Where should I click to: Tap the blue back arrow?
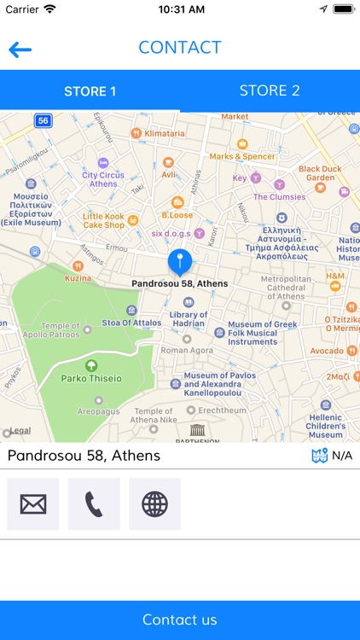tap(20, 49)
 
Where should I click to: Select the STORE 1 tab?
tap(90, 91)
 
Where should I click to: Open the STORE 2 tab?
tap(270, 90)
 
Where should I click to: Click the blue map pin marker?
tap(180, 262)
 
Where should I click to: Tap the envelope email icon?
tap(33, 504)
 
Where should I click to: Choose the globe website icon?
tap(154, 504)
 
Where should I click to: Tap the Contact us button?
tap(180, 620)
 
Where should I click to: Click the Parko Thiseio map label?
tap(91, 378)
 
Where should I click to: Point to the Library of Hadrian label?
tap(189, 320)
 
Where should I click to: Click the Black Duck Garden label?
tap(321, 173)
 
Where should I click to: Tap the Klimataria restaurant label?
tap(164, 134)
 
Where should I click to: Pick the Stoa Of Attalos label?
tap(131, 323)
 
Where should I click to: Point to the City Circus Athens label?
tap(103, 179)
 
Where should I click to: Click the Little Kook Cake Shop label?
tap(104, 221)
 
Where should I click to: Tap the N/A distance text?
tap(341, 456)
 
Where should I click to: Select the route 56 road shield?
tap(44, 121)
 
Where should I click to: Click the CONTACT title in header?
tap(180, 48)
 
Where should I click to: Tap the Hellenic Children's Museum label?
tap(326, 424)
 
